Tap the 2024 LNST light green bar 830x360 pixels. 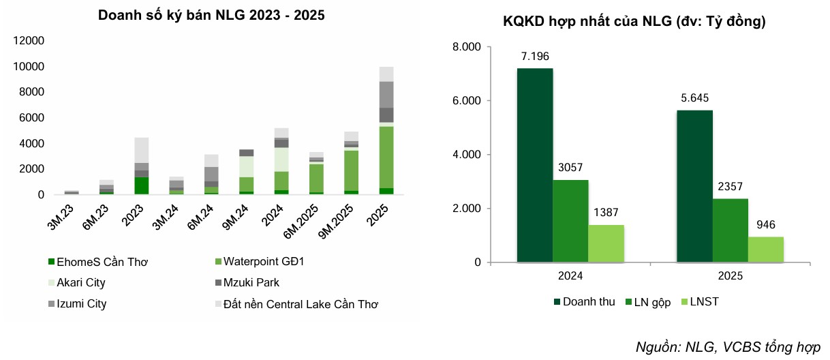pyautogui.click(x=606, y=243)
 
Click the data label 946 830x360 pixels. pyautogui.click(x=765, y=224)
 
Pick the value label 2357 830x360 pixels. pyautogui.click(x=730, y=186)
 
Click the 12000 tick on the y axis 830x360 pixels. pyautogui.click(x=29, y=41)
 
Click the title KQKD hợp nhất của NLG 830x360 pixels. pyautogui.click(x=634, y=22)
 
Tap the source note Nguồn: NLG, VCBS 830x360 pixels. pyautogui.click(x=727, y=346)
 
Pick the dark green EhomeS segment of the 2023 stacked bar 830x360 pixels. pyautogui.click(x=141, y=185)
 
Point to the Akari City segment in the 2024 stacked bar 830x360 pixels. pyautogui.click(x=281, y=160)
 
